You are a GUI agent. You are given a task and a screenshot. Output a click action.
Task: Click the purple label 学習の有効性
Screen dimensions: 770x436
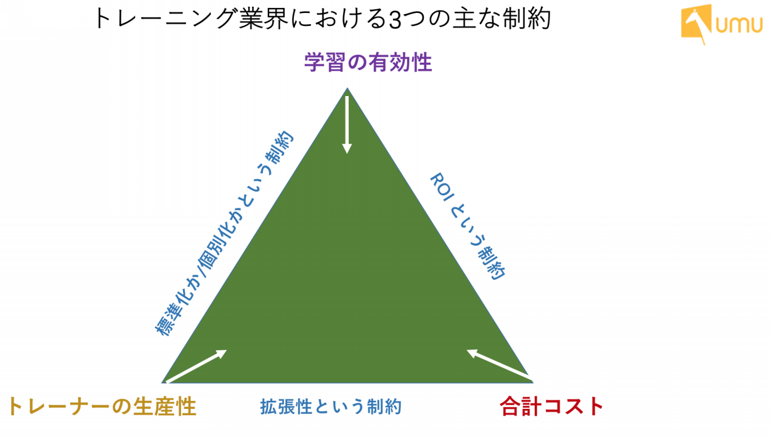[x=368, y=62]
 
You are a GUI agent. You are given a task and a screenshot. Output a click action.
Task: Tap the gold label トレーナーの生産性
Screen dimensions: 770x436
[x=102, y=406]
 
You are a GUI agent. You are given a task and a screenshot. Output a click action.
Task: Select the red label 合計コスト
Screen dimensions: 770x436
[x=551, y=406]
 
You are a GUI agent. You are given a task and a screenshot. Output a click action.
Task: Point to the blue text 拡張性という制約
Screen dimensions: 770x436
[x=331, y=407]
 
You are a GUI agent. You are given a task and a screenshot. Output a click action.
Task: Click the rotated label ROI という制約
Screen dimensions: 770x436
[x=468, y=227]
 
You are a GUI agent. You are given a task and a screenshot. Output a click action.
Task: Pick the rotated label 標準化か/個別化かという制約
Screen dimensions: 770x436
[x=224, y=233]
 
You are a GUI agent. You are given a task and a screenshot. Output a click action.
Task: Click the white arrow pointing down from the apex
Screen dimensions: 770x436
[x=347, y=125]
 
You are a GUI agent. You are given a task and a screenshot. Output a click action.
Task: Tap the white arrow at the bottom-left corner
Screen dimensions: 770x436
[x=197, y=366]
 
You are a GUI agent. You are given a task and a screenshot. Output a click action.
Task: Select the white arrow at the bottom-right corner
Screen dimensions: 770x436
[x=499, y=365]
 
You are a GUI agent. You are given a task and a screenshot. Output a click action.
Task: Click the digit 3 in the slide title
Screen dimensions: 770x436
[x=395, y=20]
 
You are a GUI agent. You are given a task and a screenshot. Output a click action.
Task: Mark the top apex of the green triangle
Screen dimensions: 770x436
[x=347, y=88]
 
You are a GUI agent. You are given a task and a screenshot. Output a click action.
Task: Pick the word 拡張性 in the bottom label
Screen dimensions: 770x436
[x=286, y=407]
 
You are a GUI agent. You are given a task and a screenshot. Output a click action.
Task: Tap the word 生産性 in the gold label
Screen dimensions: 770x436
[x=164, y=406]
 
